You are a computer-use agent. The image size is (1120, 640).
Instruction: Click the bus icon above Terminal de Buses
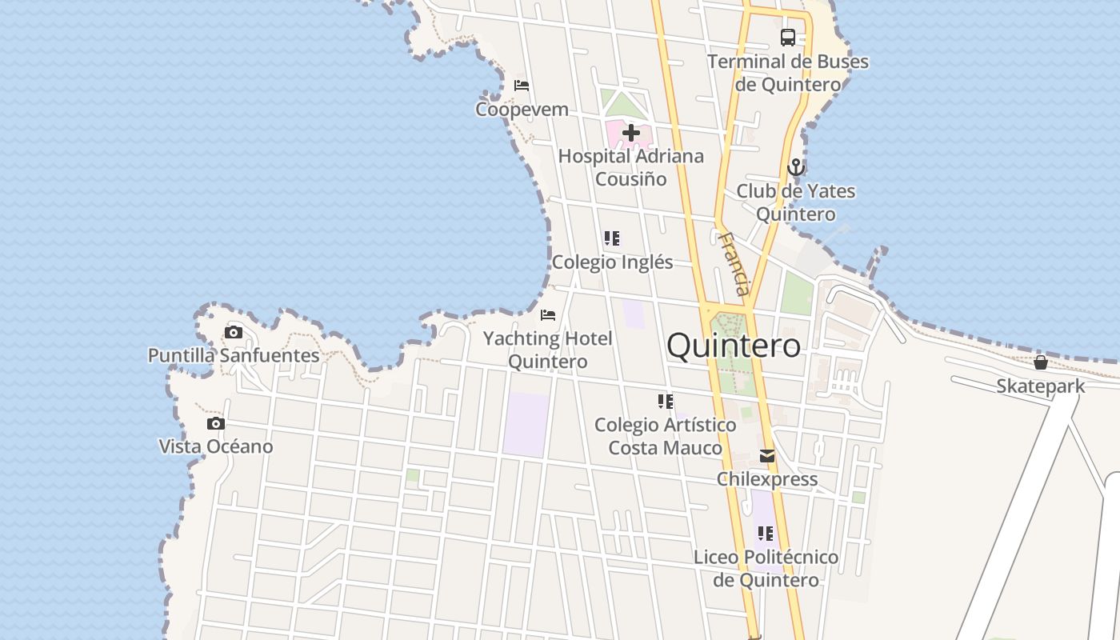point(788,37)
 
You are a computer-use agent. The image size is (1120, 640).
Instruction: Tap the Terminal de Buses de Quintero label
point(788,73)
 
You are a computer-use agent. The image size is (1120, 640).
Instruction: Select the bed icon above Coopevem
point(522,85)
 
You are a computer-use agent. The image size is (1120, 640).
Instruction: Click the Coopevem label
point(522,109)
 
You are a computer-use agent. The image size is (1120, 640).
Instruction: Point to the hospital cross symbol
point(631,133)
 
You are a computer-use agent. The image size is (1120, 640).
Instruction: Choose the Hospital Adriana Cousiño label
point(631,167)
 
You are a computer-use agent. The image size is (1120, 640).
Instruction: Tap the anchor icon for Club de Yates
point(795,167)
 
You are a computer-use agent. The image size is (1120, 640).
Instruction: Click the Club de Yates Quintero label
point(795,202)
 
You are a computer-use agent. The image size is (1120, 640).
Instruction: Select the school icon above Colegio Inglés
point(612,238)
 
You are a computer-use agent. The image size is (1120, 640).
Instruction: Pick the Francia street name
point(734,264)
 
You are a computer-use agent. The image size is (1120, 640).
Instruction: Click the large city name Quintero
point(733,346)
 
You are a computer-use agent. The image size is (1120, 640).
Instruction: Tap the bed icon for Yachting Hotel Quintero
point(548,315)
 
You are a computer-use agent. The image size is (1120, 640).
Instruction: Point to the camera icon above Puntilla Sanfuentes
point(234,332)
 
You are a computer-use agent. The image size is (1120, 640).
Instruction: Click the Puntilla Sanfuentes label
point(234,355)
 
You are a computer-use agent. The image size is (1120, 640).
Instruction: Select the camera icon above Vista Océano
point(216,424)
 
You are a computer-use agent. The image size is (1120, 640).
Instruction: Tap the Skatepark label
point(1040,386)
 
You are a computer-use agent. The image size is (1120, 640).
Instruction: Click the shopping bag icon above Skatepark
point(1040,362)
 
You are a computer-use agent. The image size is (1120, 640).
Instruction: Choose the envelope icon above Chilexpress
point(767,456)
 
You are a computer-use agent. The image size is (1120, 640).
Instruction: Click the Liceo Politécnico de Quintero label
point(766,568)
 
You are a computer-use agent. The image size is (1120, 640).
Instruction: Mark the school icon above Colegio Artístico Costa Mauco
point(666,402)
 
